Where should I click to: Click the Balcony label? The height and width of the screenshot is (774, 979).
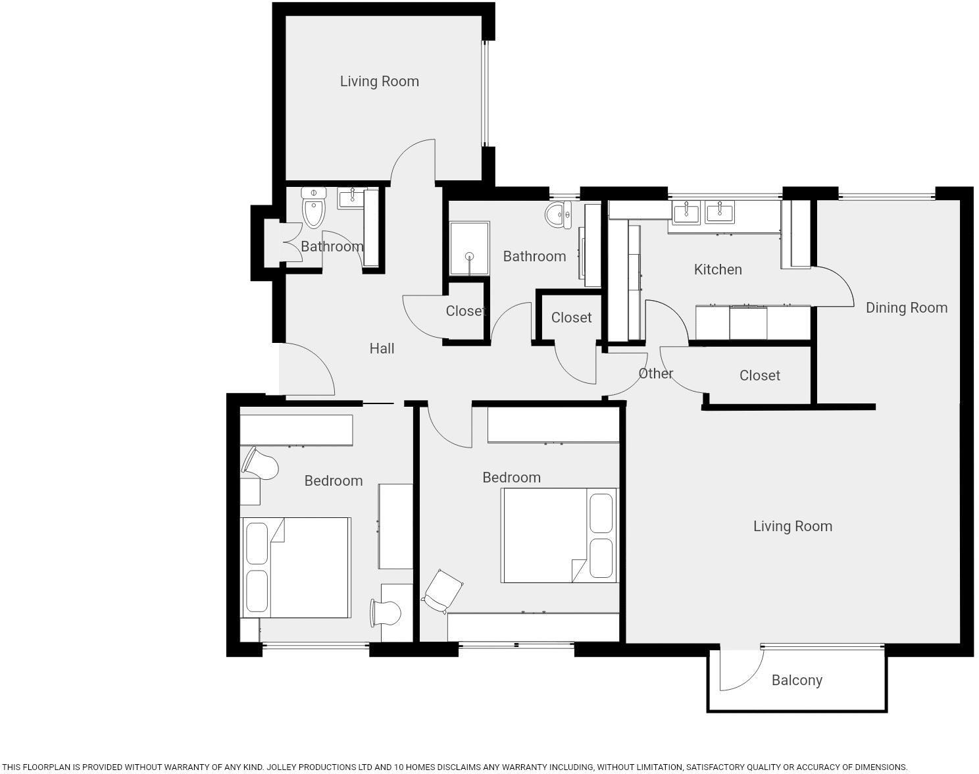(797, 680)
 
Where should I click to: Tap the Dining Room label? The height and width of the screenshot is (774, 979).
(906, 307)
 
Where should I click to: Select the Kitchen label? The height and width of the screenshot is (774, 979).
(717, 269)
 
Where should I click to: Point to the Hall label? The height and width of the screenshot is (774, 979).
(382, 348)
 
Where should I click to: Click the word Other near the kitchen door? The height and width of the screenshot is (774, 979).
(655, 373)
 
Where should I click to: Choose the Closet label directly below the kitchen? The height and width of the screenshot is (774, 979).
(759, 375)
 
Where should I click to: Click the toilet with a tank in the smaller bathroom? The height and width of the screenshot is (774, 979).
(314, 207)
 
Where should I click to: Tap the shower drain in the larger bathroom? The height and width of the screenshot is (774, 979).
(469, 257)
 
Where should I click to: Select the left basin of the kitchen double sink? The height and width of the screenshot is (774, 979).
(686, 213)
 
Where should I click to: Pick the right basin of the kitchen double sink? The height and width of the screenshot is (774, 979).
(720, 213)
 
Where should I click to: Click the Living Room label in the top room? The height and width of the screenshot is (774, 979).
(379, 81)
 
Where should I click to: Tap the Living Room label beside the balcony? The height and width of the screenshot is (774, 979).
(792, 526)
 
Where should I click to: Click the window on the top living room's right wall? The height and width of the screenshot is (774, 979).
(485, 93)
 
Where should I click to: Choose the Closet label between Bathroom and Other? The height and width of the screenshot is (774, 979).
(571, 317)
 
